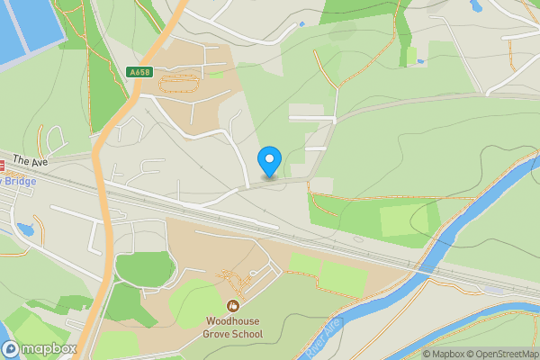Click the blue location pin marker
pyautogui.click(x=268, y=161)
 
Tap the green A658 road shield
pyautogui.click(x=139, y=72)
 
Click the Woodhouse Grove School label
pyautogui.click(x=233, y=328)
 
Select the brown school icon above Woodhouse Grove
pyautogui.click(x=234, y=306)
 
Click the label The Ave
pyautogui.click(x=30, y=161)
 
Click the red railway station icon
pyautogui.click(x=2, y=166)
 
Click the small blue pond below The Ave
pyautogui.click(x=24, y=230)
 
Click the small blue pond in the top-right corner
pyautogui.click(x=475, y=5)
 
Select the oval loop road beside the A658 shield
pyautogui.click(x=181, y=85)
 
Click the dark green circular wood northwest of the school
pyautogui.click(x=144, y=269)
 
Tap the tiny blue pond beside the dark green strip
pyautogui.click(x=420, y=61)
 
